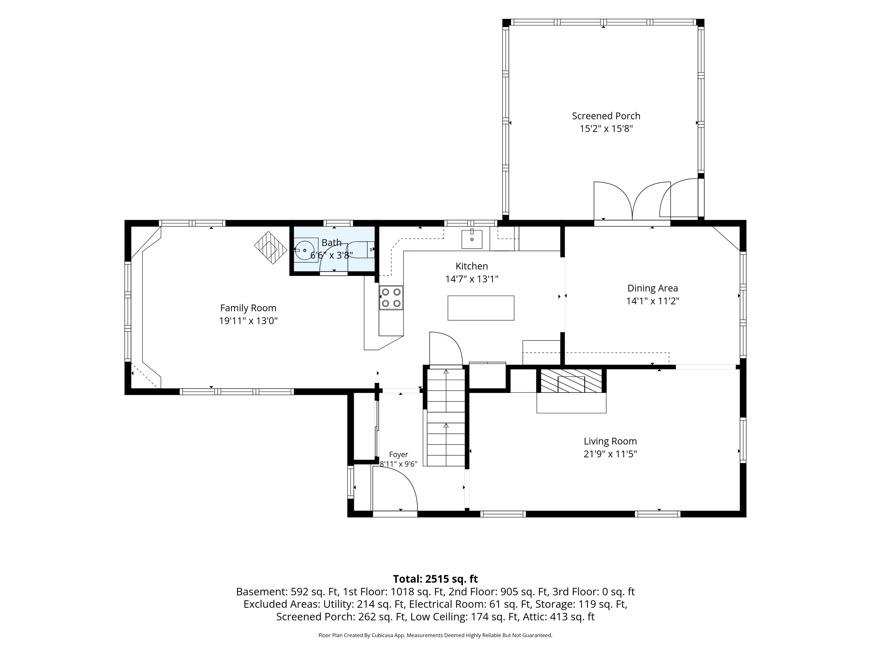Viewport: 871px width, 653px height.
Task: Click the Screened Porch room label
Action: point(606,116)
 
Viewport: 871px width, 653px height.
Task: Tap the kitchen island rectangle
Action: point(481,308)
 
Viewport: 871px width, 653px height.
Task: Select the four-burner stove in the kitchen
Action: point(391,297)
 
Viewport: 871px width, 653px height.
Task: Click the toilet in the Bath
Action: point(360,250)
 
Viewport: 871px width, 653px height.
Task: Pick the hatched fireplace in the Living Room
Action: point(571,380)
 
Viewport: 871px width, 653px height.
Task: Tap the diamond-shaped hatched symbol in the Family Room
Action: point(271,248)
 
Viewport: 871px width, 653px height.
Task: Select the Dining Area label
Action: point(652,288)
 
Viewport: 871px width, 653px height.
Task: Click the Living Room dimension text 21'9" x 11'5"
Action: point(610,454)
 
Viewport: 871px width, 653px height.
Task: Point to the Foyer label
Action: point(399,454)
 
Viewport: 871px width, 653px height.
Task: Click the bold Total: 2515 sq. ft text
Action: point(435,579)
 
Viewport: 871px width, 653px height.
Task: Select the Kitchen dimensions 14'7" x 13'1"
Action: point(472,279)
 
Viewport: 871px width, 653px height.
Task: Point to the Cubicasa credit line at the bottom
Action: point(435,635)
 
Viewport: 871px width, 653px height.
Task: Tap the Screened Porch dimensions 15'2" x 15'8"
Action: point(606,129)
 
